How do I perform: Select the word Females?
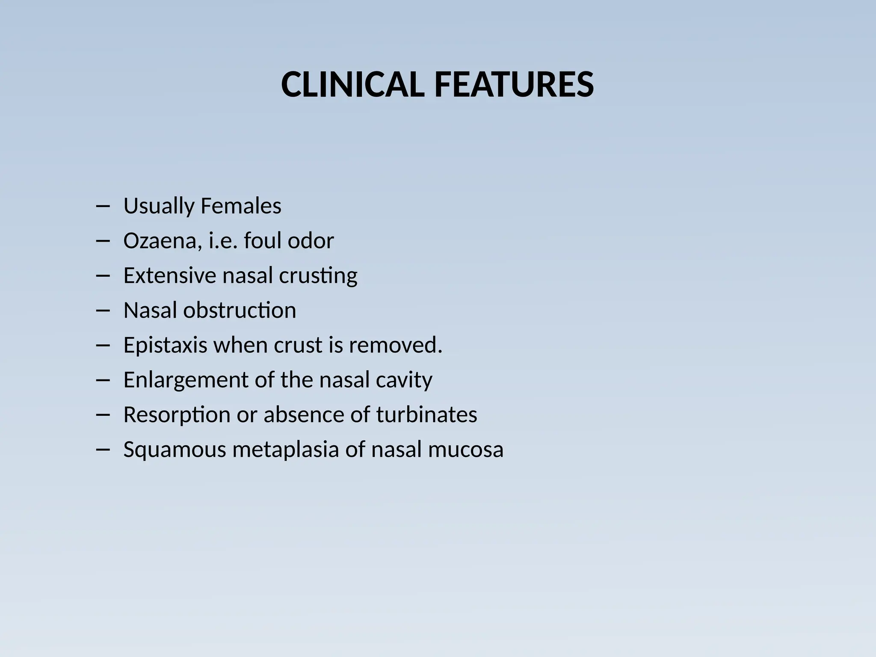241,206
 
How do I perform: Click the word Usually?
159,207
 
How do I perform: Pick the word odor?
311,240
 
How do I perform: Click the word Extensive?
170,275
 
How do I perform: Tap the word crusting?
318,276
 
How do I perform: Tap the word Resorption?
177,415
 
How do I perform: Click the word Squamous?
175,450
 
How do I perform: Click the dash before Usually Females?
103,207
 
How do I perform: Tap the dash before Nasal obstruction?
103,311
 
